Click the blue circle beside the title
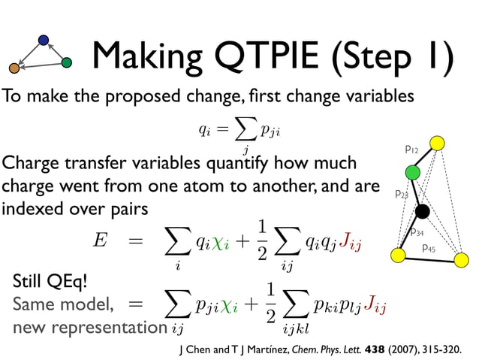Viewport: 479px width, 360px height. click(x=44, y=40)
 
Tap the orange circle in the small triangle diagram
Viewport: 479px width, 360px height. click(x=14, y=68)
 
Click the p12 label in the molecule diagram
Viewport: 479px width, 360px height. click(x=411, y=150)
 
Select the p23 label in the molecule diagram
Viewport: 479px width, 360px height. click(x=402, y=195)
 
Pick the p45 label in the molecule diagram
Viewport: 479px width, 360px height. click(x=429, y=247)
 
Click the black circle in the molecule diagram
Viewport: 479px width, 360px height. click(x=422, y=211)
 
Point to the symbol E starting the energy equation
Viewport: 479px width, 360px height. click(x=100, y=240)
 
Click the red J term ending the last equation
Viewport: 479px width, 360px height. click(x=373, y=307)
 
